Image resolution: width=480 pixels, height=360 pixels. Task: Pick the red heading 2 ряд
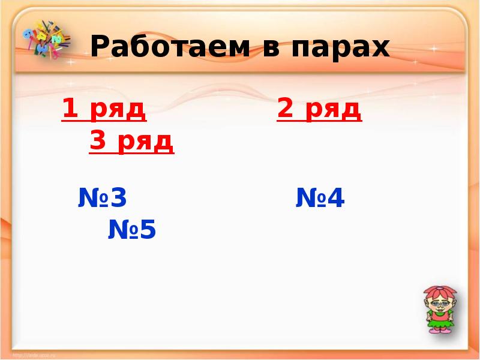click(x=319, y=110)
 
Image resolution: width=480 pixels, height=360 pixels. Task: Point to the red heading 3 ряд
click(x=132, y=142)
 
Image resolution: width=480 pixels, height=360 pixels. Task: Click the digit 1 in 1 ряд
click(x=70, y=110)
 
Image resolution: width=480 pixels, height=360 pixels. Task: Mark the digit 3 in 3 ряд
click(x=98, y=142)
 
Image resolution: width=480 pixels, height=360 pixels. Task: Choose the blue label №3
click(x=103, y=198)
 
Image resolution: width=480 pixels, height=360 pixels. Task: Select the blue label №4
click(x=320, y=199)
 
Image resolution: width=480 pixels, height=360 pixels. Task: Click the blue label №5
click(x=132, y=229)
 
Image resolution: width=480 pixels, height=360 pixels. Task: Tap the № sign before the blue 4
click(x=307, y=199)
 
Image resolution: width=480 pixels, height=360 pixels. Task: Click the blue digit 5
click(x=148, y=229)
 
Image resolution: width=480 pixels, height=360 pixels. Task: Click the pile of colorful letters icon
click(x=44, y=40)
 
